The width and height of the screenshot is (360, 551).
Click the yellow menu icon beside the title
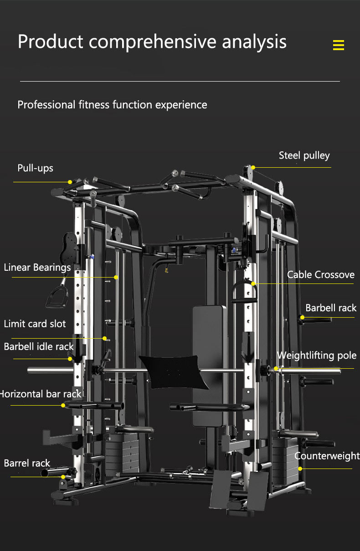338,45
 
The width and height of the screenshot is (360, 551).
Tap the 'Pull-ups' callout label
35,168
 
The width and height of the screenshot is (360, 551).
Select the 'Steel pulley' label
304,156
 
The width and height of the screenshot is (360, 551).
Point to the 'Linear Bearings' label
37,268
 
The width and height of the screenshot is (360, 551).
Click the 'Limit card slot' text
35,324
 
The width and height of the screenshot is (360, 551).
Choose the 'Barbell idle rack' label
39,347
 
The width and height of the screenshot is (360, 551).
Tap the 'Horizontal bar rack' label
40,394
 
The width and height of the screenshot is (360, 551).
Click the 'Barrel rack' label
27,463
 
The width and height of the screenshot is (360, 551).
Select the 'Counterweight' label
327,456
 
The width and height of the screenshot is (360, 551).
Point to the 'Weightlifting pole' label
317,355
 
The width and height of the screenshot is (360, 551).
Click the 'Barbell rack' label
331,308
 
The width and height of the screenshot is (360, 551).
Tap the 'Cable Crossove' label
320,275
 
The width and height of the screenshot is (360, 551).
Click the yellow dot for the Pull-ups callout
70,182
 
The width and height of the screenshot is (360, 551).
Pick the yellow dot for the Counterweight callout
300,469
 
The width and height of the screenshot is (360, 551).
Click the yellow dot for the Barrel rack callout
63,477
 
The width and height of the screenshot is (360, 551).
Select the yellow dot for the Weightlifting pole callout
276,368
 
